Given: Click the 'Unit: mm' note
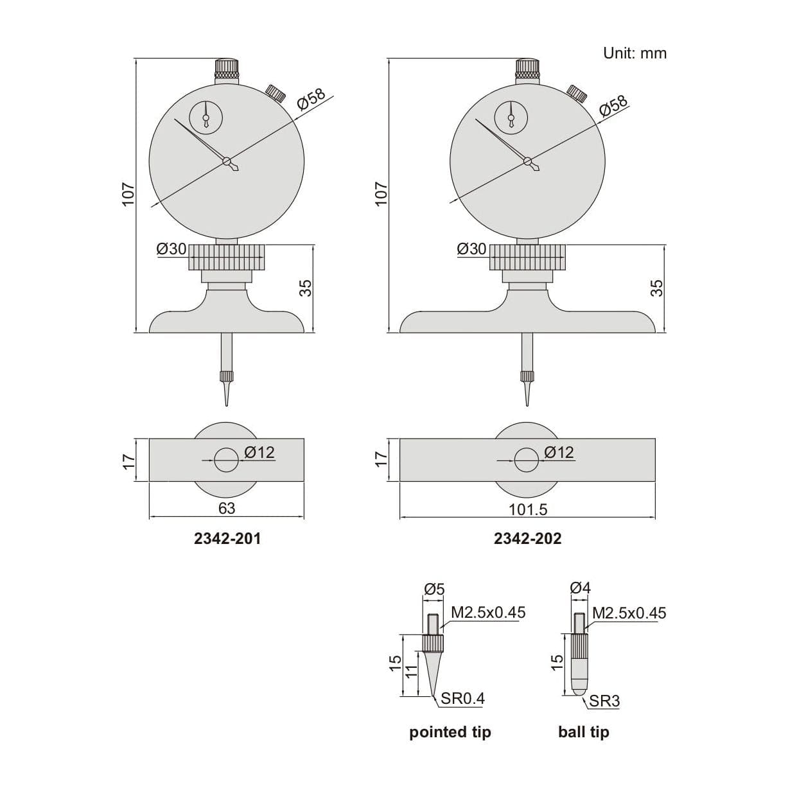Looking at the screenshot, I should click(x=635, y=53).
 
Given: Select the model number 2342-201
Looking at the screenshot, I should click(x=227, y=539).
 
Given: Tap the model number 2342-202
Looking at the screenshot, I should click(x=527, y=539).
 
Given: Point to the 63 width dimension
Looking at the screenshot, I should click(x=227, y=508).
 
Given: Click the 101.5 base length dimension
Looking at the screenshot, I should click(x=527, y=509).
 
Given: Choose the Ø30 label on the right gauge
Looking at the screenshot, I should click(x=471, y=249).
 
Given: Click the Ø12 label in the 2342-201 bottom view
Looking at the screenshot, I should click(x=259, y=452).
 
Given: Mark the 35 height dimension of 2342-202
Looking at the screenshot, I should click(x=656, y=288).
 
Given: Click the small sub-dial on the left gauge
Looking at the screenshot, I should click(x=206, y=117).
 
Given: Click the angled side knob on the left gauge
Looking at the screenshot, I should click(x=276, y=93).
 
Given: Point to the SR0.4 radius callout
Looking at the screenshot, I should click(x=462, y=699).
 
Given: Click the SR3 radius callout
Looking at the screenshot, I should click(x=604, y=701).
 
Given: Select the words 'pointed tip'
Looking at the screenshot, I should click(x=450, y=732).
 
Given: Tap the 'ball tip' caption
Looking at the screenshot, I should click(x=583, y=732).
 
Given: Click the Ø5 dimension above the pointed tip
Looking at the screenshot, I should click(x=433, y=589).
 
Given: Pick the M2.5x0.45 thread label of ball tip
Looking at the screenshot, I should click(x=629, y=613).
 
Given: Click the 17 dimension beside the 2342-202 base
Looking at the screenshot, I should click(x=381, y=459).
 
